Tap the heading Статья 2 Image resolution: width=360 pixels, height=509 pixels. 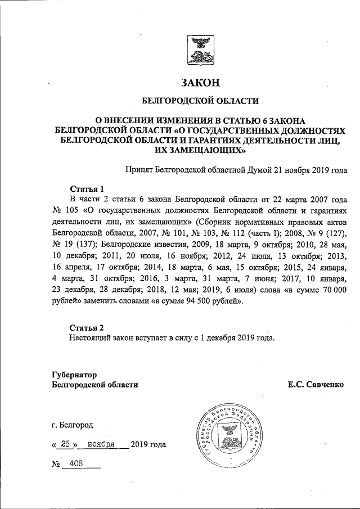coord(87,327)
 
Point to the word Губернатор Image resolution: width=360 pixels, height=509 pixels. coord(74,374)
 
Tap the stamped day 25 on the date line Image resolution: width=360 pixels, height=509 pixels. coord(66,444)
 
